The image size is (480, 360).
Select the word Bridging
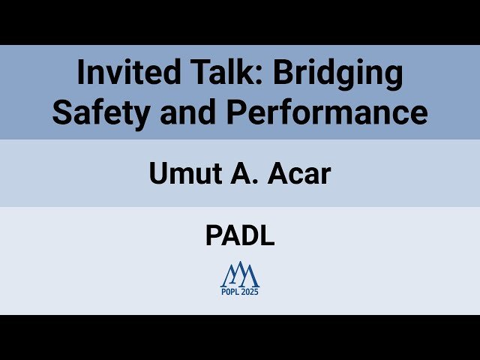coord(337,74)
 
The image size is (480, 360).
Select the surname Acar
coord(298,174)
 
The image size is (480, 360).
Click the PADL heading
coord(240,235)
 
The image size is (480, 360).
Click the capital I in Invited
coord(82,73)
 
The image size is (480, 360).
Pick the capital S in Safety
coord(62,112)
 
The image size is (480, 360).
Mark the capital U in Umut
coord(157,174)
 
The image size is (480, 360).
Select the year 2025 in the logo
coord(250,292)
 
